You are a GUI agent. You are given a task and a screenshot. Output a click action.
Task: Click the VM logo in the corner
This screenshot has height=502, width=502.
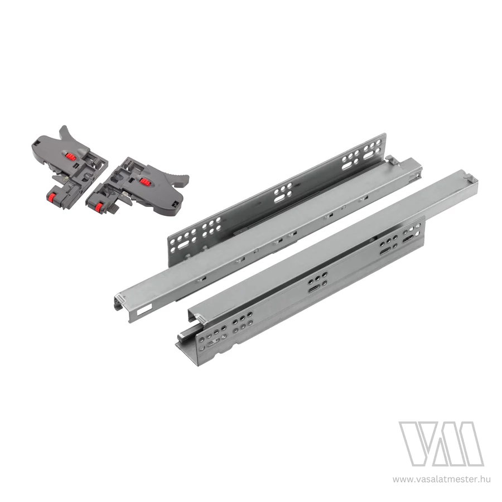[x=441, y=444]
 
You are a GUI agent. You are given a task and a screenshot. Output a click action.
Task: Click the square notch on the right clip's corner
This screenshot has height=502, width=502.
[x=176, y=203]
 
